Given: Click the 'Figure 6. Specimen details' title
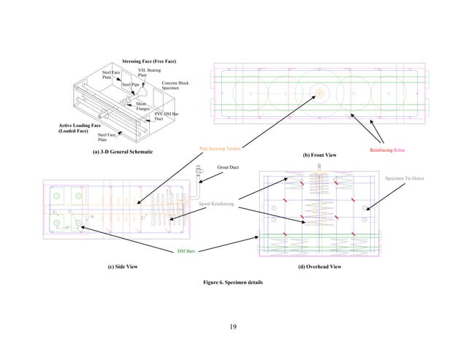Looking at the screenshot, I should [x=232, y=281].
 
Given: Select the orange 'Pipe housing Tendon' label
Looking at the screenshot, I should [x=220, y=148].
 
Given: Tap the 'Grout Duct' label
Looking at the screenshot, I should [x=229, y=167].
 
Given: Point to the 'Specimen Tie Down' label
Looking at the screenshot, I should [x=405, y=178].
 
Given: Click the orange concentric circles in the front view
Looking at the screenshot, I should [x=318, y=93].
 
